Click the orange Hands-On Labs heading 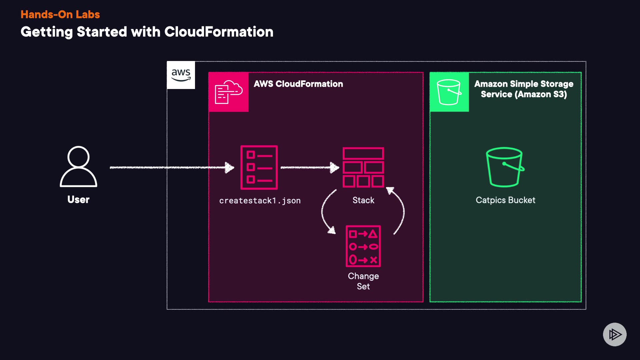point(60,14)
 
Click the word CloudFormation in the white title point(219,32)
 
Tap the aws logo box point(181,75)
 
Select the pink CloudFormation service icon point(228,92)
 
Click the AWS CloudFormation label point(298,84)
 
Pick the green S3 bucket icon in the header point(449,92)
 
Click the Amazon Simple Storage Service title point(524,89)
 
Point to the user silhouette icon point(78,166)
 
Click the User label point(78,199)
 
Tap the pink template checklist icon point(259,167)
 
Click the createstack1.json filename point(260,201)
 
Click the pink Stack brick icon point(363,167)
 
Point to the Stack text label point(363,200)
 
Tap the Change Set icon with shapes point(363,246)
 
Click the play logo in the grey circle point(615,334)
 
